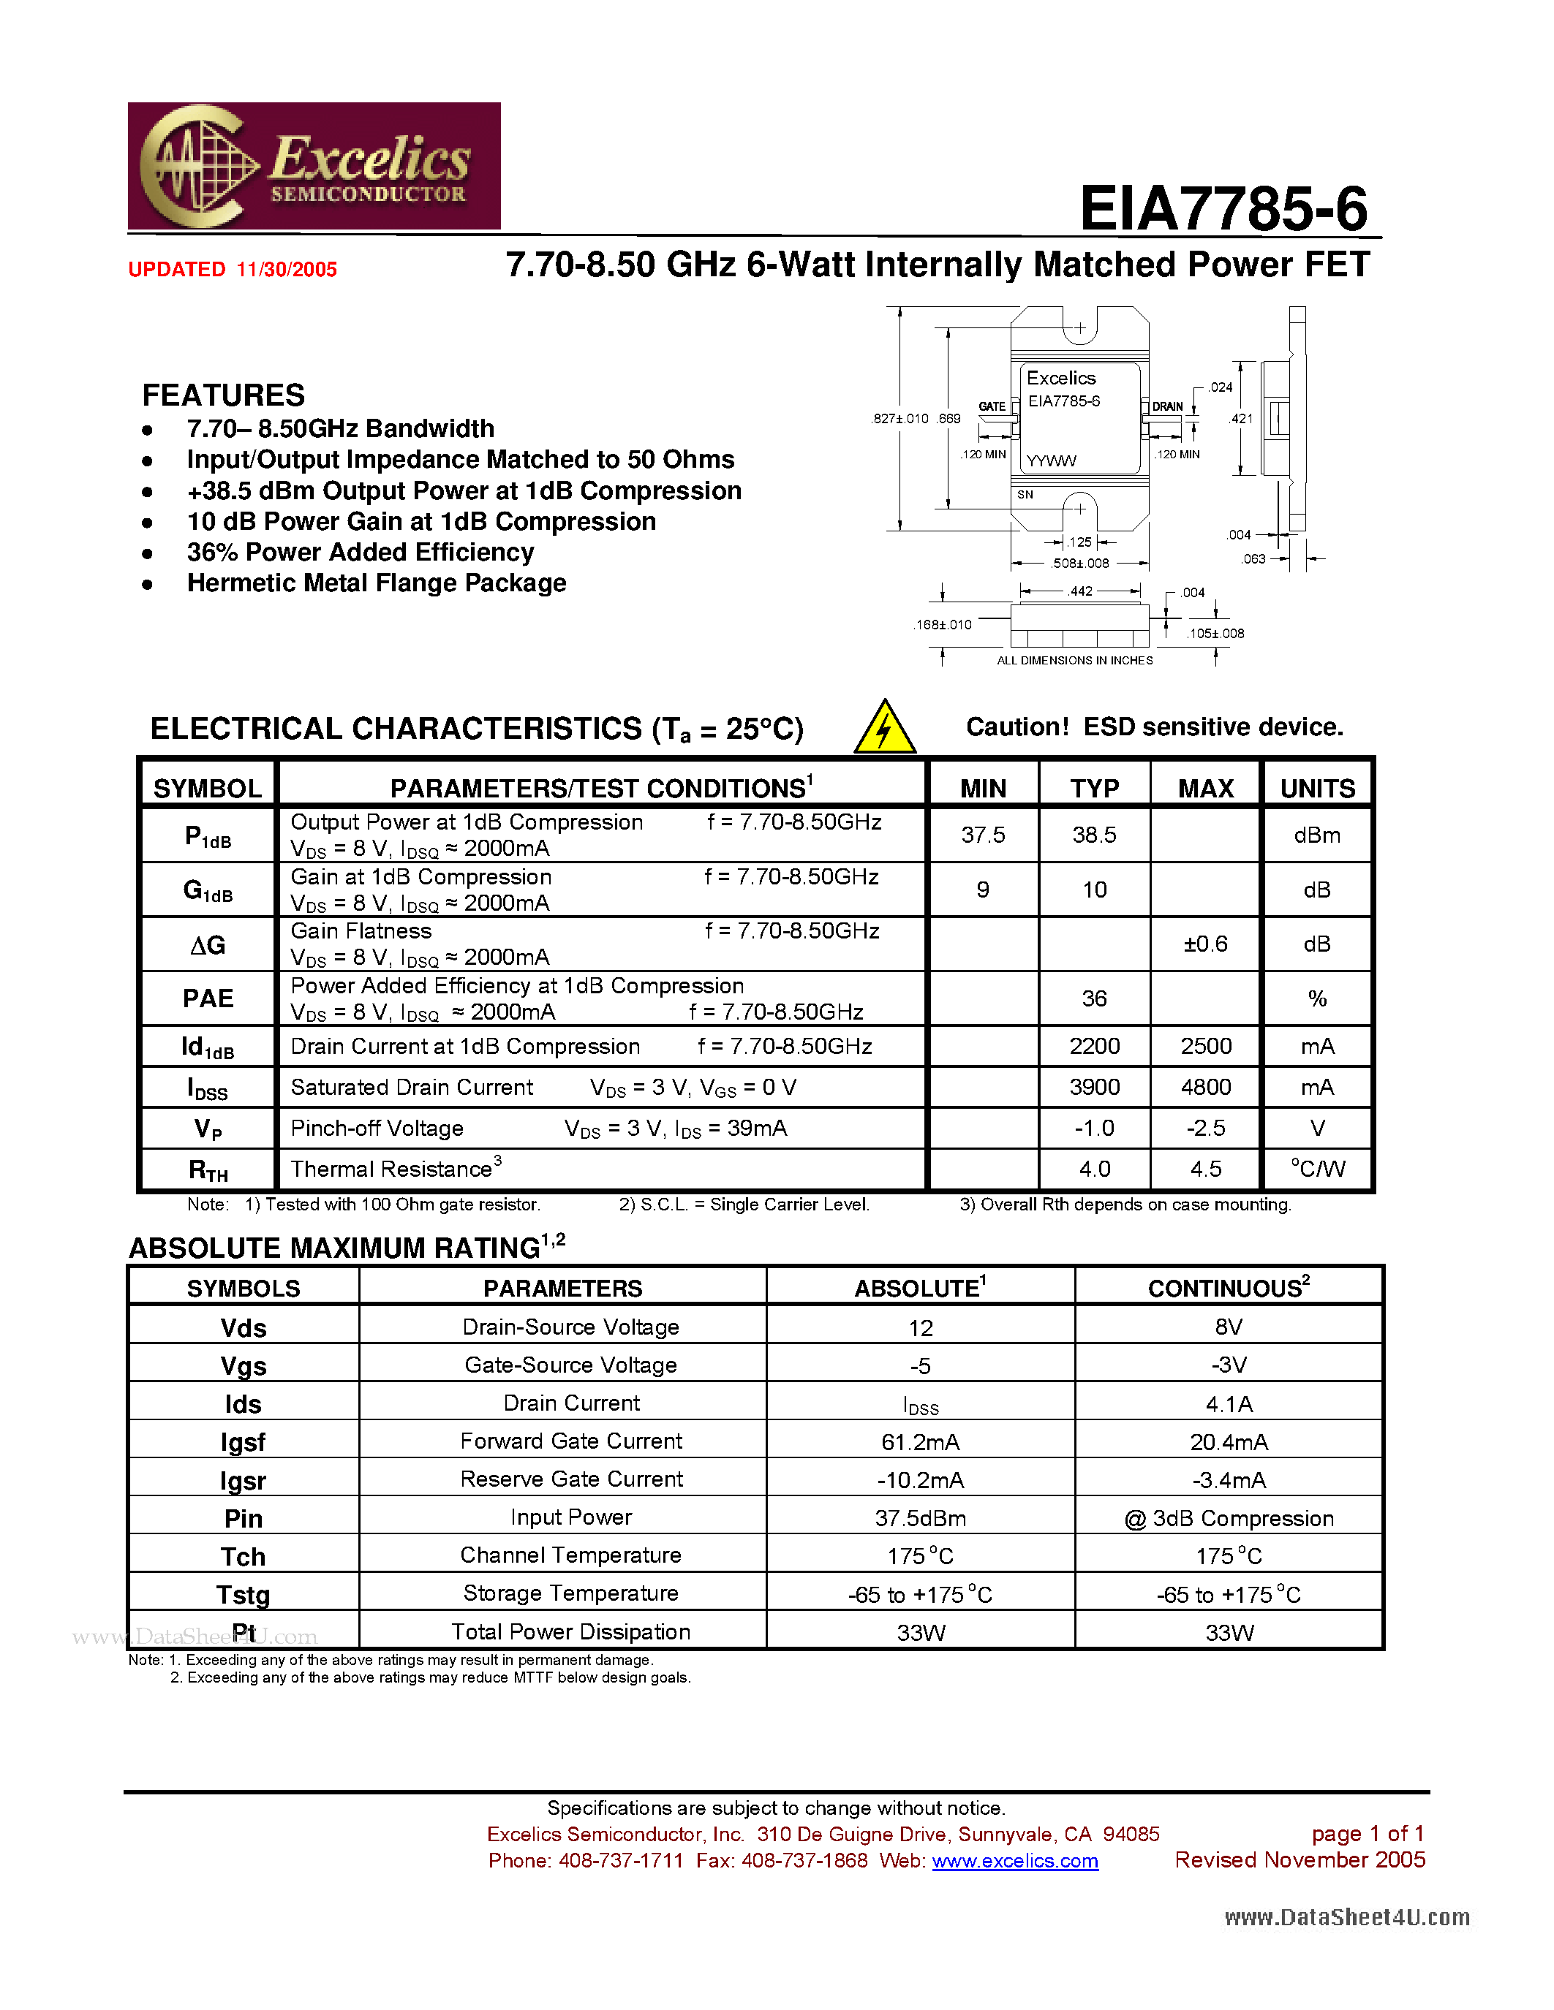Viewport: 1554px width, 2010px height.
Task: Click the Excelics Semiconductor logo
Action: (314, 166)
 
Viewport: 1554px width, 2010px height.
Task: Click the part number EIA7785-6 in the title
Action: (1223, 208)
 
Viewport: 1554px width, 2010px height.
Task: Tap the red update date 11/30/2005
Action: (287, 270)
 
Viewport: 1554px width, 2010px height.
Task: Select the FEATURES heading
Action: (224, 395)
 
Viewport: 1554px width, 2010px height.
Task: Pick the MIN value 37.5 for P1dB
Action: (983, 835)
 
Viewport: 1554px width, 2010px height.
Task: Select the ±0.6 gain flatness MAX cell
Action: (1205, 944)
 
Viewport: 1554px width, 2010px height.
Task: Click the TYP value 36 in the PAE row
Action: (1094, 998)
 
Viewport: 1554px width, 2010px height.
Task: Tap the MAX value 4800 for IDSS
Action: (1206, 1087)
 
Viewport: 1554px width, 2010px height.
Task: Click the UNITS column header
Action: (1317, 789)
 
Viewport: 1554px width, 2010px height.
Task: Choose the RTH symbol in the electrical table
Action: (208, 1169)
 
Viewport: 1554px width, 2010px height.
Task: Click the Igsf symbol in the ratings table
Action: (243, 1442)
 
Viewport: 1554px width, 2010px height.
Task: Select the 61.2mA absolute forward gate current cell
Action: (921, 1442)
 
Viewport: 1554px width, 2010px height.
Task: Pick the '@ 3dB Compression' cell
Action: (1229, 1519)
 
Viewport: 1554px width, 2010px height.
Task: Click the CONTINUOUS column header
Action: (1229, 1288)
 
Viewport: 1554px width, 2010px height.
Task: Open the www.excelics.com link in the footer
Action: (1016, 1861)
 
